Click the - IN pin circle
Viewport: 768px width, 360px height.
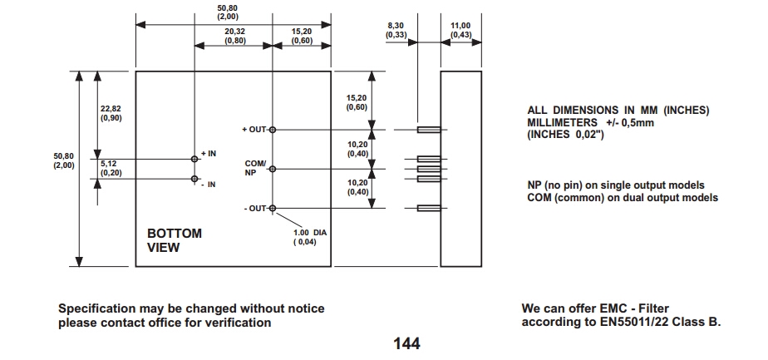[x=194, y=178]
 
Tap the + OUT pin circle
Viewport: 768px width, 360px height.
[x=273, y=130]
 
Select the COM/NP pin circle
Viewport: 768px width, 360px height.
[x=273, y=168]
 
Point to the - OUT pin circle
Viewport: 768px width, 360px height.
[x=273, y=208]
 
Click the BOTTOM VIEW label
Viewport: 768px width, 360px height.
[x=175, y=240]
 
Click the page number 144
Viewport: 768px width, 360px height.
[x=406, y=343]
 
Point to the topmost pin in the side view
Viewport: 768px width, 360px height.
[x=428, y=130]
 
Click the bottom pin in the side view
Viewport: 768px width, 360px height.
[x=428, y=208]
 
